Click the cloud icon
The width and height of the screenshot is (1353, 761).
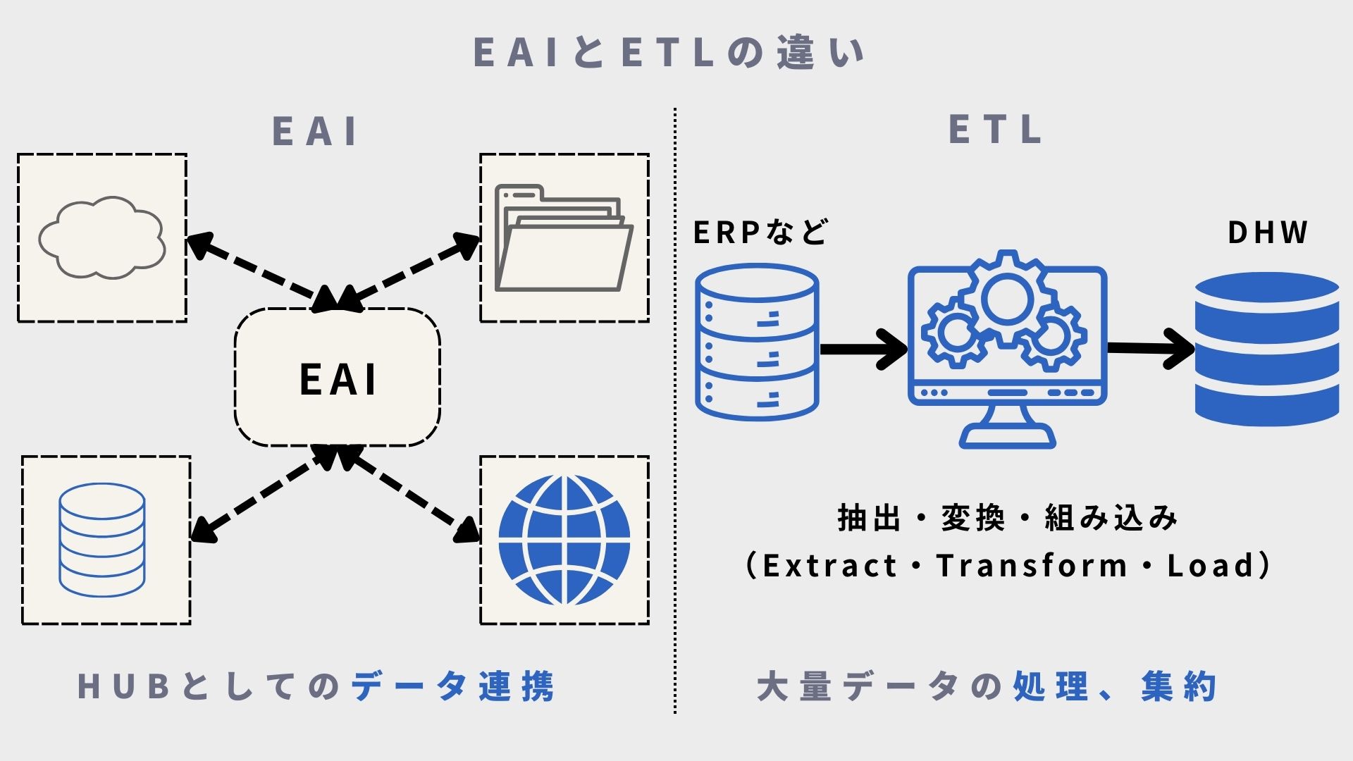(101, 237)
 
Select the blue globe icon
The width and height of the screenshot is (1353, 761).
(564, 540)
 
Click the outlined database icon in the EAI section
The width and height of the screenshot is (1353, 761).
(102, 540)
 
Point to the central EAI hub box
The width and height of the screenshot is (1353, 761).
(338, 378)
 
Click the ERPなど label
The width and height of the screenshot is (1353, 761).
(760, 233)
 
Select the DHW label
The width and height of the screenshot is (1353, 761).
(1267, 233)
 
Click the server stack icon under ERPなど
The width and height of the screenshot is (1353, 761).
(757, 342)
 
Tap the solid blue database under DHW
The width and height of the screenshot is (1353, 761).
(1266, 349)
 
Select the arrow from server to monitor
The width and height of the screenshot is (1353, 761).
(864, 349)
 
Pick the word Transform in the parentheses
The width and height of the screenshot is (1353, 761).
(1032, 566)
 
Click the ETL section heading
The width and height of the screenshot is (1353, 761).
(995, 130)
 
